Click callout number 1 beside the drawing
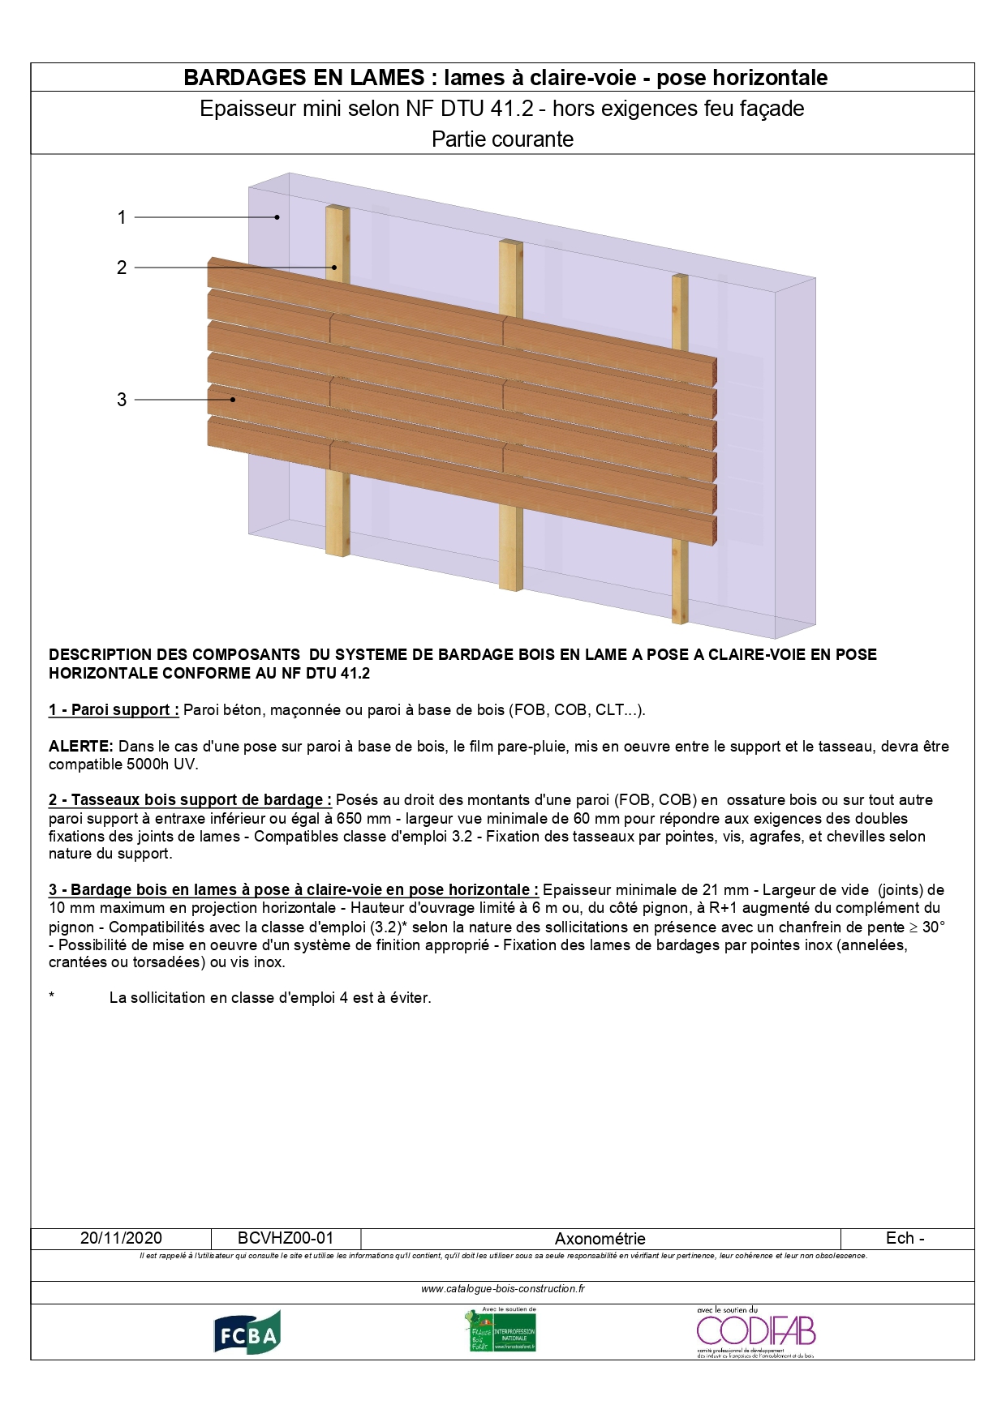coord(122,217)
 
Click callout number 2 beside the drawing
coord(122,268)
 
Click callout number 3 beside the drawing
coord(122,400)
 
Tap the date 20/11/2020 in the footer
coord(121,1238)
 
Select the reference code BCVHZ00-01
coord(286,1238)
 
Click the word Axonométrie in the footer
coord(600,1239)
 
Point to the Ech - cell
coord(905,1238)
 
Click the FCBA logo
coord(247,1332)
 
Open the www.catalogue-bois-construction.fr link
coord(502,1288)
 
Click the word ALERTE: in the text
coord(80,746)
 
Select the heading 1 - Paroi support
coord(114,710)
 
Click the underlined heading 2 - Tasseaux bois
coord(190,800)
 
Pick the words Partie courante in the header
coord(502,139)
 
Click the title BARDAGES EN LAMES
coord(304,78)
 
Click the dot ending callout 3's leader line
coord(233,399)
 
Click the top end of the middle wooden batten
coord(510,242)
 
